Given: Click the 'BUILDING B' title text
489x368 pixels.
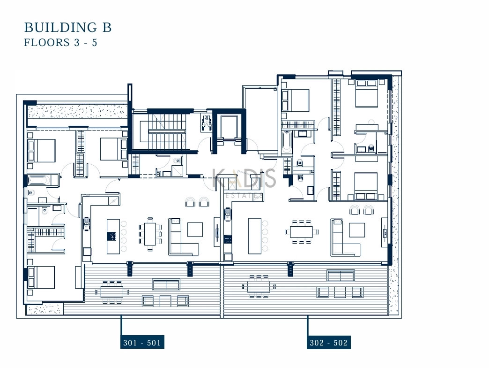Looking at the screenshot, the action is (68, 27).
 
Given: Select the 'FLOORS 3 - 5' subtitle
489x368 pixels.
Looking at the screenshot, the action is (61, 43).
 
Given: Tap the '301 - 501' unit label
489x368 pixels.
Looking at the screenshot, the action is (142, 342).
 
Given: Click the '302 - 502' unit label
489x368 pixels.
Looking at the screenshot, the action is (329, 342).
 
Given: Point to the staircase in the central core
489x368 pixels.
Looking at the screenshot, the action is (163, 131).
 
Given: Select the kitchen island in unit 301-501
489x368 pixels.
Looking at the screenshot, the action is (113, 236).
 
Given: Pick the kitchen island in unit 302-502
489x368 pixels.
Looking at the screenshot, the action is (255, 236).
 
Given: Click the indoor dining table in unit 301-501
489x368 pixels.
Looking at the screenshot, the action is (150, 234).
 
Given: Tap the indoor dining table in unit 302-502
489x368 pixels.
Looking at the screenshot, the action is (301, 232).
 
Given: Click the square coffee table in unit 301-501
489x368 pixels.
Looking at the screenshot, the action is (195, 230).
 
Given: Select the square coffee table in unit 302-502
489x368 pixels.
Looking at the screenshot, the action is (357, 230).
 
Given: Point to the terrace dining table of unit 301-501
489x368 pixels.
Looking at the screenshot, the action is (112, 292).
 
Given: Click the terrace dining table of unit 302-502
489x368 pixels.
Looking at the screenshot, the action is (259, 286).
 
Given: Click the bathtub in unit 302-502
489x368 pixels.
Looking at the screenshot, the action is (287, 142).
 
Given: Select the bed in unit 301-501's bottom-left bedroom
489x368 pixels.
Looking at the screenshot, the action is (42, 277).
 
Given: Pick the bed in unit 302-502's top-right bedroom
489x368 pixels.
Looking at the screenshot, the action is (367, 93).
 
